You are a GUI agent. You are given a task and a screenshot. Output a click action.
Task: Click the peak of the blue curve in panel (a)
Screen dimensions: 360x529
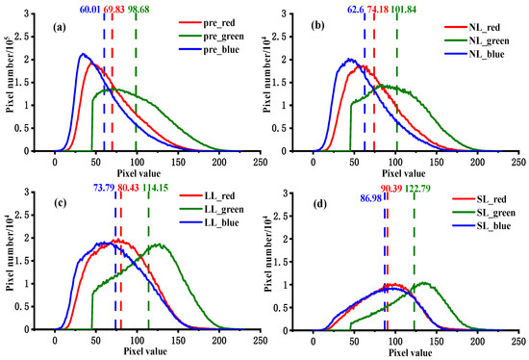(84, 54)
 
